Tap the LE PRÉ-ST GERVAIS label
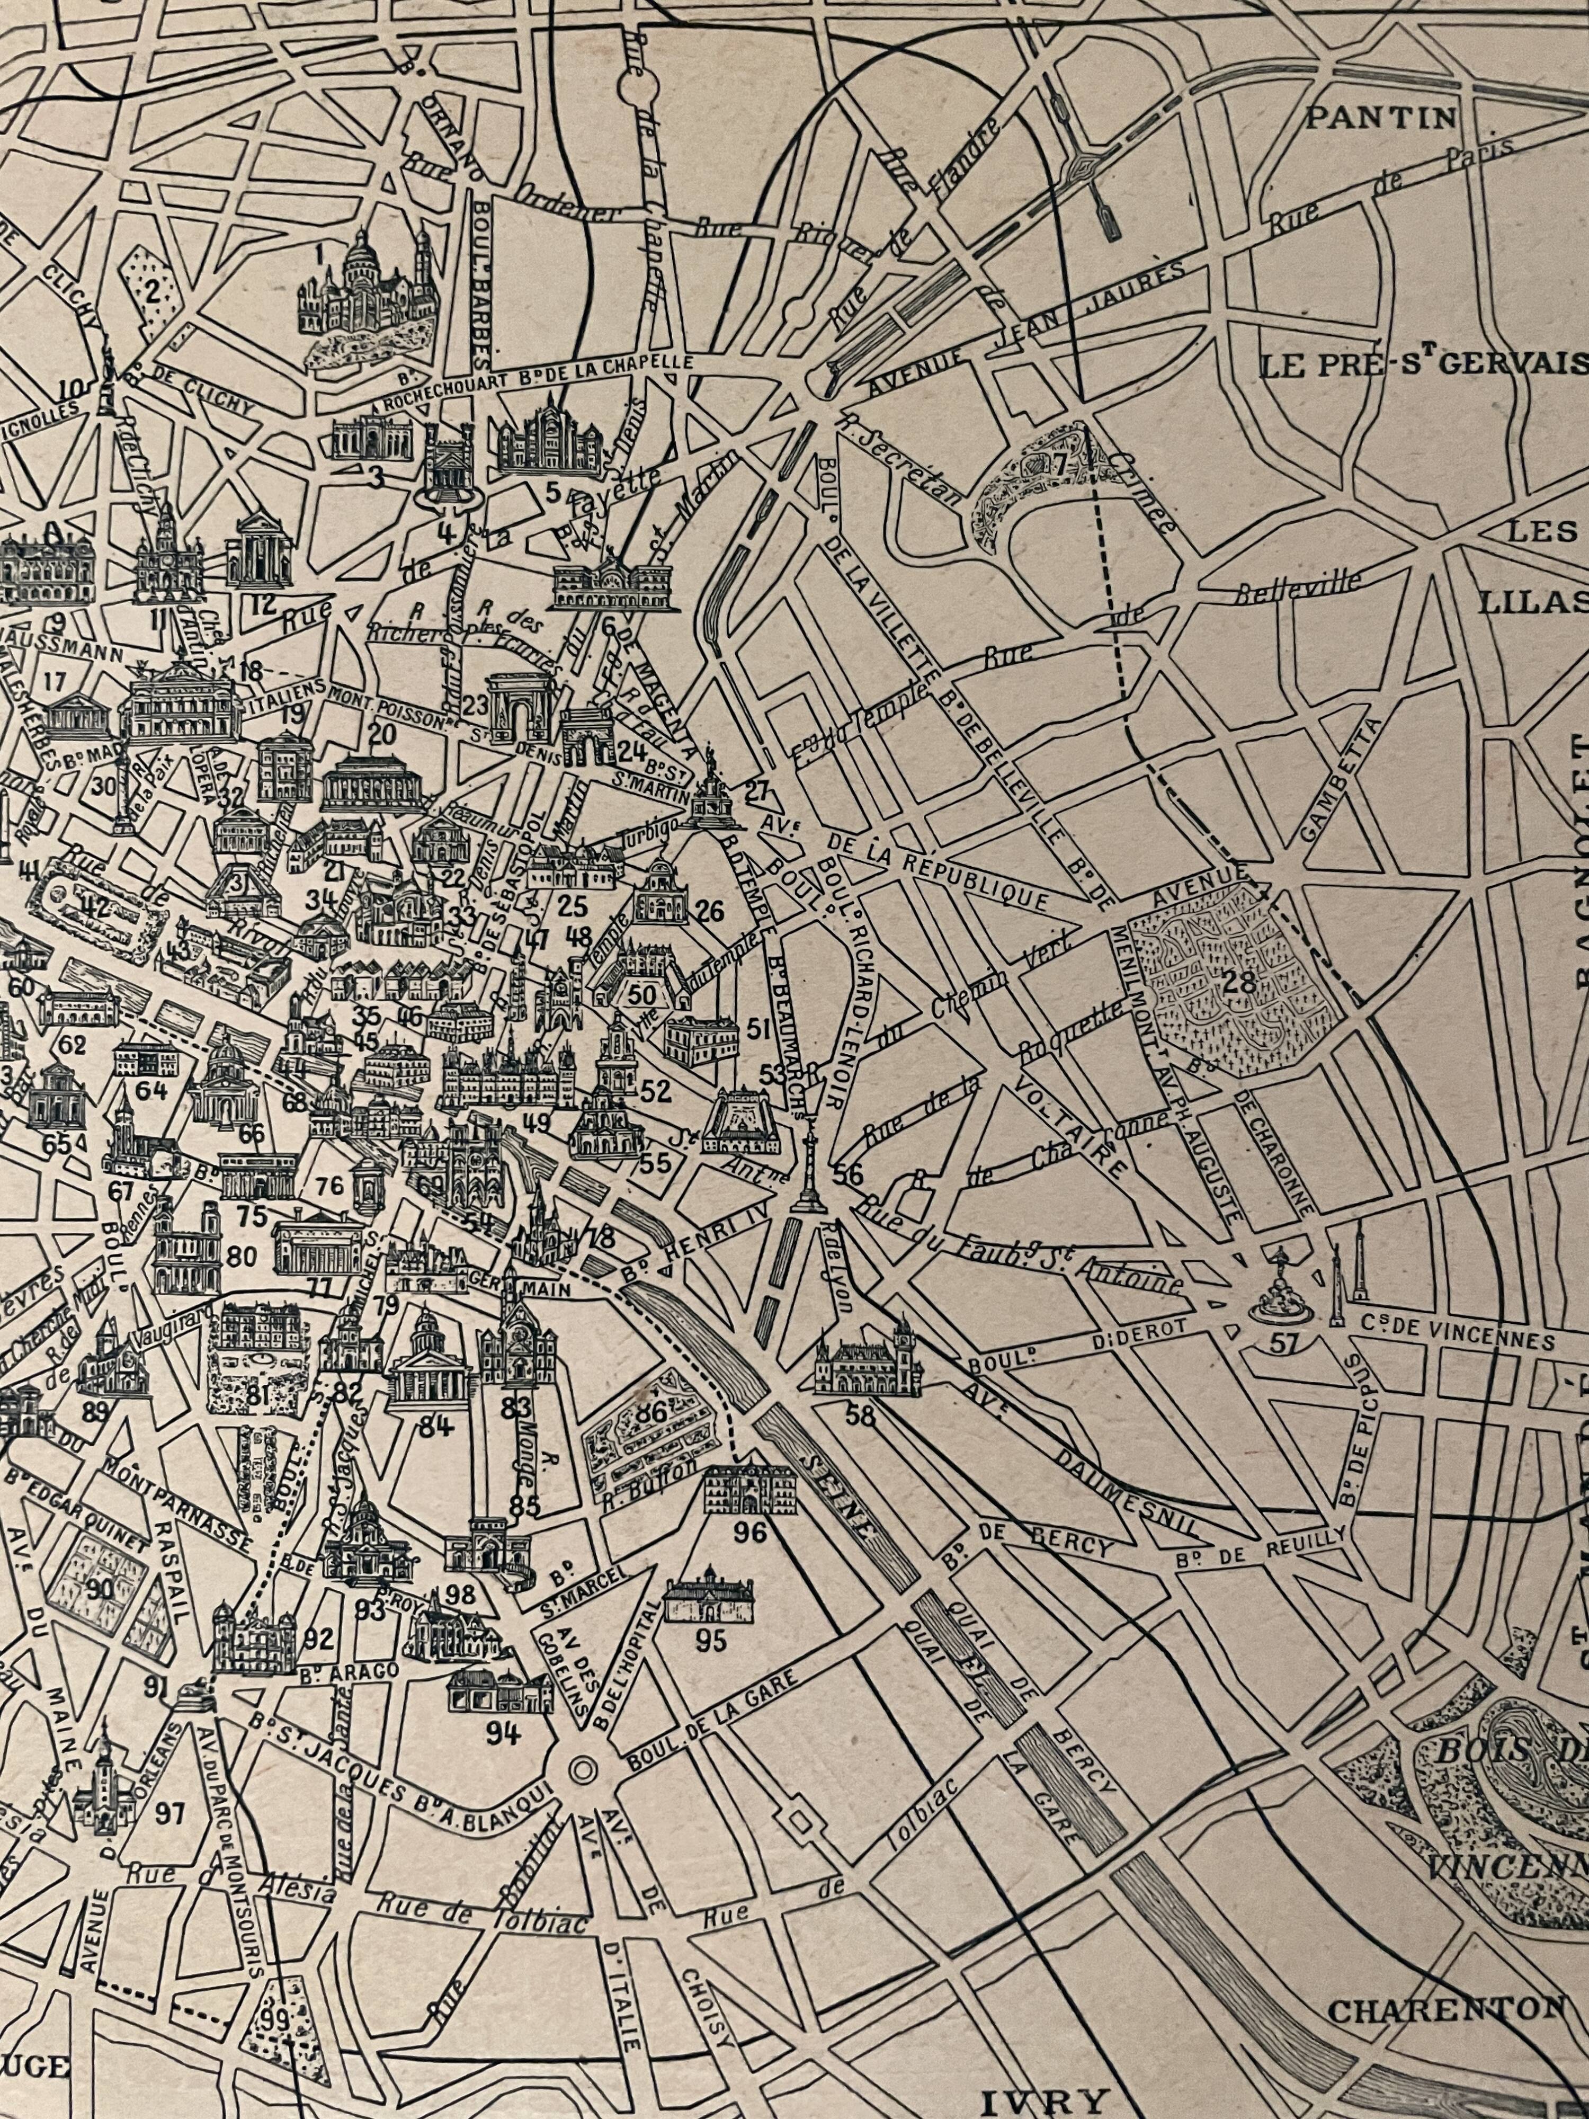pos(1422,365)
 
